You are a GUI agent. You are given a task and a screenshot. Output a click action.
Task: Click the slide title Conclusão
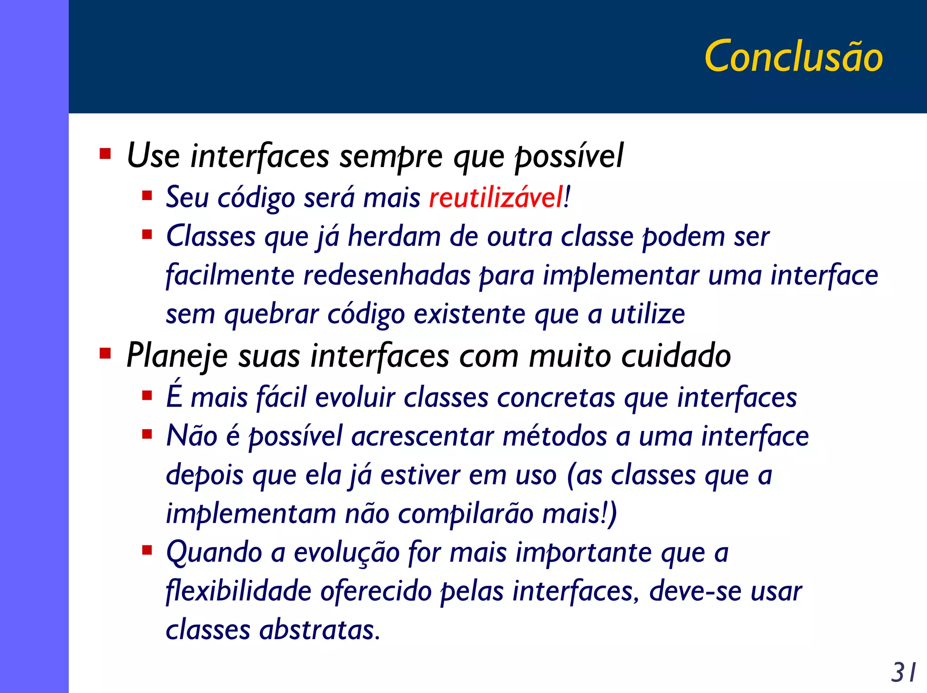793,56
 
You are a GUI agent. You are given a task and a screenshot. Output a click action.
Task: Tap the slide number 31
903,673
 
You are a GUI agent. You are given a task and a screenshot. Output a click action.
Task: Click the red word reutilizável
496,198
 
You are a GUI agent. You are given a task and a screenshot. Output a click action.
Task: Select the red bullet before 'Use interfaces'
105,154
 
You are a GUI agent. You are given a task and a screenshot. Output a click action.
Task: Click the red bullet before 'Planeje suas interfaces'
105,353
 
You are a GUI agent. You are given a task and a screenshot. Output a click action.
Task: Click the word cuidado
676,356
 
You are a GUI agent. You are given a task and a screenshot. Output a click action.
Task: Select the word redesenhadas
387,275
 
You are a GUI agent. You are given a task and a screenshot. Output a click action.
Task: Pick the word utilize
648,314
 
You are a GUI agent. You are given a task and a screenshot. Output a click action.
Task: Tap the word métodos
555,436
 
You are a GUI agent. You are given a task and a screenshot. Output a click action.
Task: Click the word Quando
214,553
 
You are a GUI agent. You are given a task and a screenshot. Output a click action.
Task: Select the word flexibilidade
239,592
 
